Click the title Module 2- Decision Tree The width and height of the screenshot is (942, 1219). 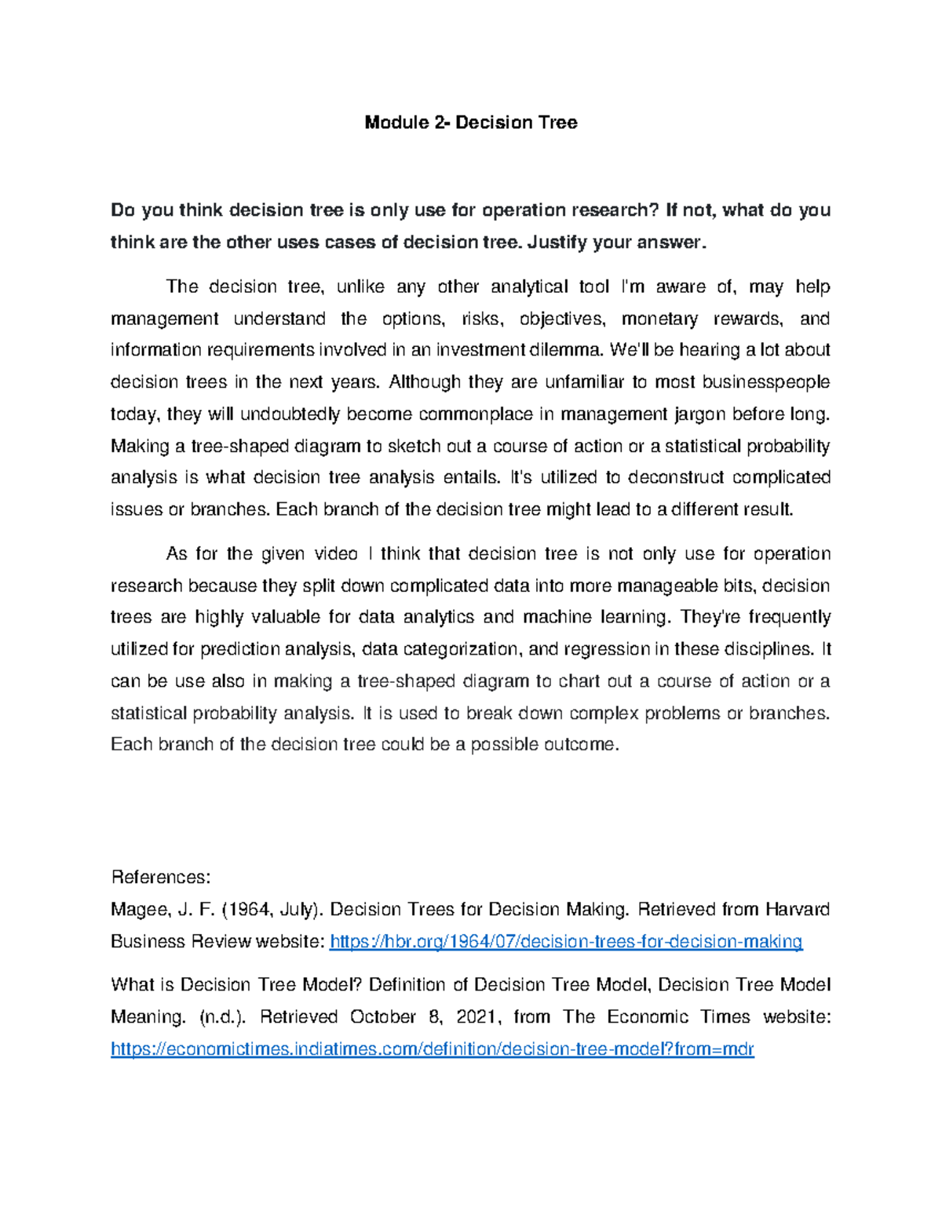coord(471,122)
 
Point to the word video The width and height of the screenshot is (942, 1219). coord(335,554)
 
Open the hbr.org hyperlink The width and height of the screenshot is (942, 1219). coord(566,942)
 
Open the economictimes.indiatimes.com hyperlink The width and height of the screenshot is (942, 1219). coord(433,1049)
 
